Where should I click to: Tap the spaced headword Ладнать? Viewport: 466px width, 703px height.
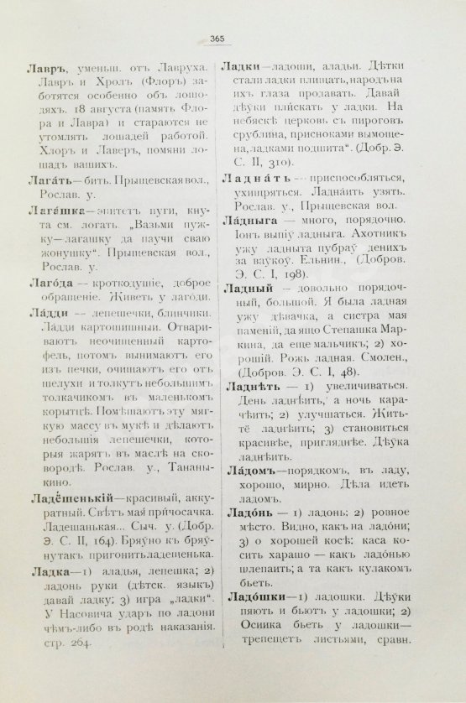coord(255,180)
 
